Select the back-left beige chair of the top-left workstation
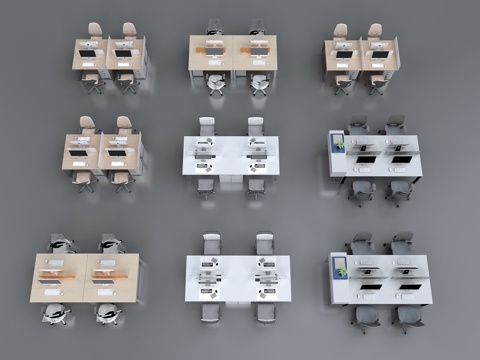click(94, 32)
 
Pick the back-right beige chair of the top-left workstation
click(129, 32)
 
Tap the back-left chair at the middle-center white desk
click(207, 127)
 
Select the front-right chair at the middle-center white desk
click(256, 186)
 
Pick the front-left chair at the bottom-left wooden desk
click(57, 313)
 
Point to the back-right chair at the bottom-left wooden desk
click(111, 243)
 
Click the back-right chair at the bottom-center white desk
click(264, 244)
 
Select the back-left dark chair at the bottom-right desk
click(361, 244)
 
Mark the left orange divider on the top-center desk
click(212, 49)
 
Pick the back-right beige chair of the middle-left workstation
click(123, 126)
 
